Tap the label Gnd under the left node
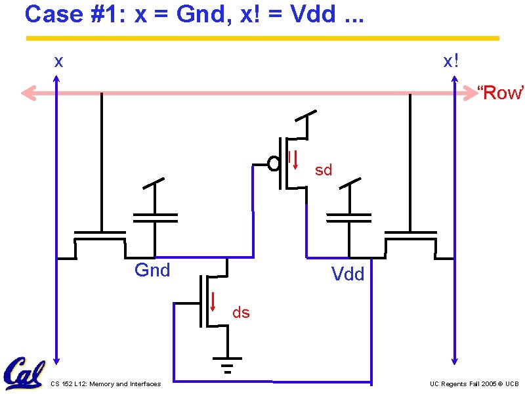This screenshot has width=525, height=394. pos(152,270)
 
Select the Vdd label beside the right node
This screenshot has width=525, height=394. pos(348,274)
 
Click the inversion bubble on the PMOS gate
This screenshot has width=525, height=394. pos(274,164)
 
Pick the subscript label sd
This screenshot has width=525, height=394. pos(324,170)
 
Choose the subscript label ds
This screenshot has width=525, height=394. pos(241,313)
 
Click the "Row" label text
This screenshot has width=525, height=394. pos(500,93)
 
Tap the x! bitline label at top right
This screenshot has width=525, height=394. pos(451,62)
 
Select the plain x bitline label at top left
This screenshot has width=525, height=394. pos(59,62)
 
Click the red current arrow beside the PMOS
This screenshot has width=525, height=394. pos(295,160)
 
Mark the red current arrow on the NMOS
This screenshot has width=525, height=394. pos(213,300)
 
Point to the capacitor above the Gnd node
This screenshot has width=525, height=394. pos(155,217)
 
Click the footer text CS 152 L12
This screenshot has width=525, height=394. pos(105,384)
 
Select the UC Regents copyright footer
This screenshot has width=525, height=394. pos(474,384)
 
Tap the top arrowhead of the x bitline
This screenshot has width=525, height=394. pos(57,81)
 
